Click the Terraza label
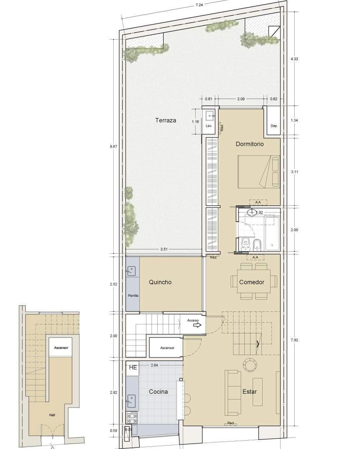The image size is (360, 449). (x=166, y=121)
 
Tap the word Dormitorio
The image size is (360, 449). (x=250, y=144)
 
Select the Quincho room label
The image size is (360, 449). (x=160, y=282)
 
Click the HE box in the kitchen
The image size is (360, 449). (x=133, y=368)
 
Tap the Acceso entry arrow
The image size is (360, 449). (x=197, y=325)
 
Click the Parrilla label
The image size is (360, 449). (x=133, y=296)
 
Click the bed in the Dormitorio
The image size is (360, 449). (x=258, y=171)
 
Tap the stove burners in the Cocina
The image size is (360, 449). (x=132, y=417)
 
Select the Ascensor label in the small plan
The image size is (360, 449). (x=61, y=348)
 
